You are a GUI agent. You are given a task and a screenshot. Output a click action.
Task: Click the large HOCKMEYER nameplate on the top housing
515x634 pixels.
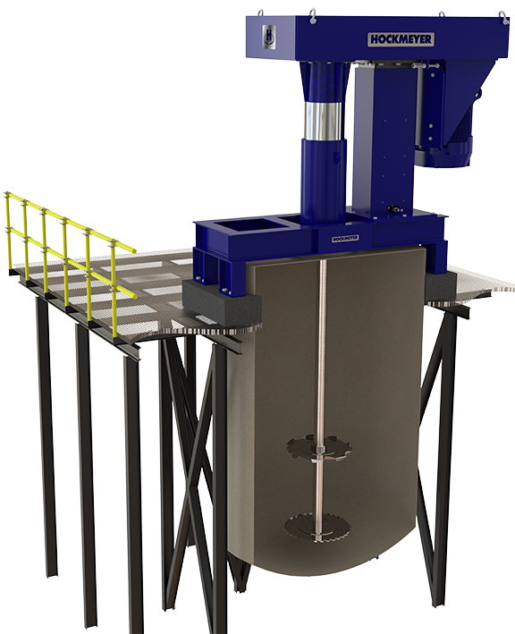[401, 39]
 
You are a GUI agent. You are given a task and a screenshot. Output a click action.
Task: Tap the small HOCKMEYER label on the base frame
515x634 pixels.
[345, 238]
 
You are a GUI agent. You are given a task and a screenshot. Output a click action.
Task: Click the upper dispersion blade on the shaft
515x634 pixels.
[318, 448]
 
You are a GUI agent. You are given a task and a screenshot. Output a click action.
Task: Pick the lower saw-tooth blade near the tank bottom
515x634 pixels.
[317, 527]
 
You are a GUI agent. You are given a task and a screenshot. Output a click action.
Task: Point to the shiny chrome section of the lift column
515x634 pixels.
[322, 120]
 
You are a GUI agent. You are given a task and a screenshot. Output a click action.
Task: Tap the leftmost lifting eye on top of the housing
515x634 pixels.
[261, 13]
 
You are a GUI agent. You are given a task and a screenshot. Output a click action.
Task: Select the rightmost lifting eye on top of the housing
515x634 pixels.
[502, 15]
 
